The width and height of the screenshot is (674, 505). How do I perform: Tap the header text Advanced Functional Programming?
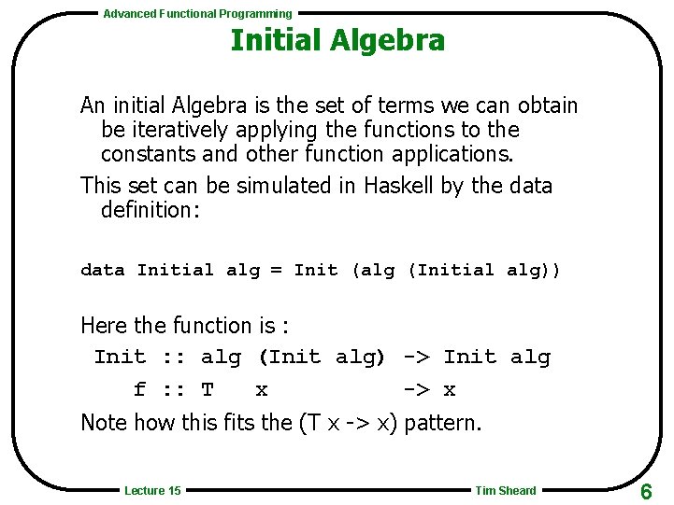click(x=197, y=14)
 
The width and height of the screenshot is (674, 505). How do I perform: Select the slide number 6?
click(x=646, y=492)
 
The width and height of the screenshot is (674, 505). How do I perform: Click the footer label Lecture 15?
click(x=152, y=491)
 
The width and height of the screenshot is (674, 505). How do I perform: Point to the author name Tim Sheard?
click(x=506, y=491)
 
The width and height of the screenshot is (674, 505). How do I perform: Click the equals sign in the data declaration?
click(x=276, y=271)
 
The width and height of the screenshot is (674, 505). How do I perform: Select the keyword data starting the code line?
click(x=102, y=271)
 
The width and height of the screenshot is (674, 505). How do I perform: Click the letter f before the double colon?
click(x=139, y=390)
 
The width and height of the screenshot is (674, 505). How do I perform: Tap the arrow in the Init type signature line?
click(x=417, y=358)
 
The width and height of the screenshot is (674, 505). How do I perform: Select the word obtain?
click(x=545, y=106)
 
